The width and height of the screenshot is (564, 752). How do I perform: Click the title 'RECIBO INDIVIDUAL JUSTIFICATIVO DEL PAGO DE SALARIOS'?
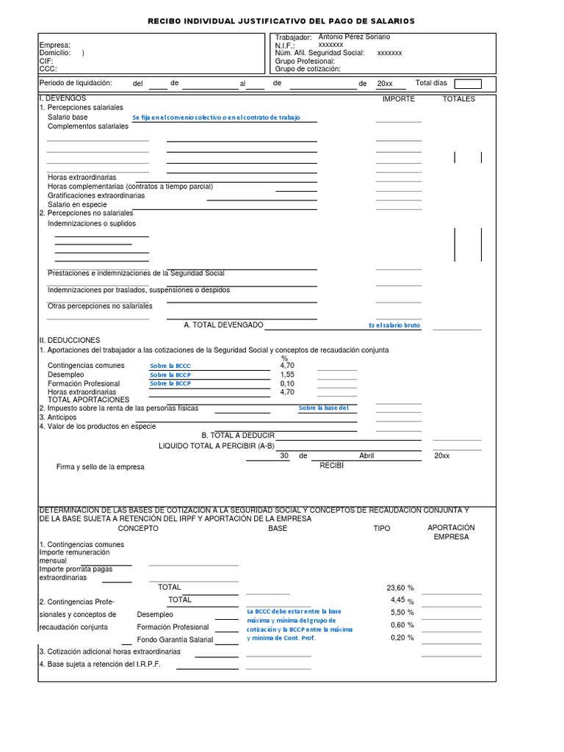coord(282,21)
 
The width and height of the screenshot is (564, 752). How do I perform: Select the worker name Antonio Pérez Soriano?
coord(354,37)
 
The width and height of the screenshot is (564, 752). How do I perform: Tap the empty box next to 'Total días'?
coord(468,84)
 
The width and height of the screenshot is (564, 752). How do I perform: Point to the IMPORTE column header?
coord(399,98)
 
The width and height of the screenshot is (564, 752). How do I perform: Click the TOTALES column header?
coord(458,98)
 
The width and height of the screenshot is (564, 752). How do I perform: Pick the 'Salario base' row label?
coord(68,117)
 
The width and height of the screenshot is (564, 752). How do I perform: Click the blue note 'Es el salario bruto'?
coord(394,325)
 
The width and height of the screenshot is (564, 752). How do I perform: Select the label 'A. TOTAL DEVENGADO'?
coord(223,325)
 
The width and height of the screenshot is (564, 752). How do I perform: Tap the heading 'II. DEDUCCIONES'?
coord(69,341)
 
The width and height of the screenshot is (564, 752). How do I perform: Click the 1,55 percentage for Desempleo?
coord(287,375)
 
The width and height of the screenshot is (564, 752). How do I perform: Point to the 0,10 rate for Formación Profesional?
coord(287,383)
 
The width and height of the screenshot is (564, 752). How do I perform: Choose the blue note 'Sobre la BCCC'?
coord(170,366)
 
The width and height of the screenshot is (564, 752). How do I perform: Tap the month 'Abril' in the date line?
coord(366,456)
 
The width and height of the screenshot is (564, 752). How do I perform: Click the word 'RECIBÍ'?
coord(331,465)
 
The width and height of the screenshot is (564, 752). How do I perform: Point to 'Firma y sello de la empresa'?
coord(101,466)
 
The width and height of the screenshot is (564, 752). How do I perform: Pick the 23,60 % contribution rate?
coord(400,587)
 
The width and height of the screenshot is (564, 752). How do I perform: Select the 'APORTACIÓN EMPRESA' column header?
coord(451,532)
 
